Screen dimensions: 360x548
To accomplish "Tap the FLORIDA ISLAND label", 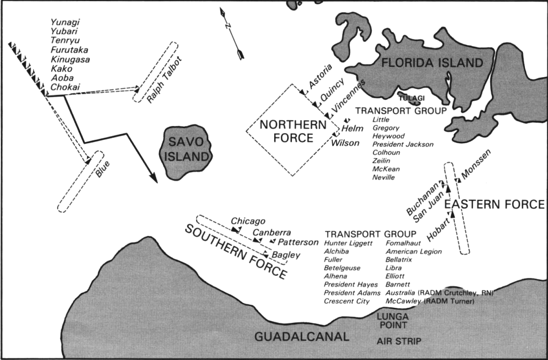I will tap(433, 63).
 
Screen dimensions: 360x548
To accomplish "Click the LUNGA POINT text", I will tap(393, 320).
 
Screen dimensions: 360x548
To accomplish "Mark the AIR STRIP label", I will tap(399, 342).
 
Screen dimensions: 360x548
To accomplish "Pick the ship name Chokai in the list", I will tap(65, 87).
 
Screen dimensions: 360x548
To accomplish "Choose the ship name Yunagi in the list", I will tap(65, 22).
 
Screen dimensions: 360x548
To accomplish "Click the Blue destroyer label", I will tap(103, 169).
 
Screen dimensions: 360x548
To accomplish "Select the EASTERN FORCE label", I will tap(494, 205).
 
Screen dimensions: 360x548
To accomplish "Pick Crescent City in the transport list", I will tap(346, 301).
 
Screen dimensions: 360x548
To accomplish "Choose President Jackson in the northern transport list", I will tap(403, 144).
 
